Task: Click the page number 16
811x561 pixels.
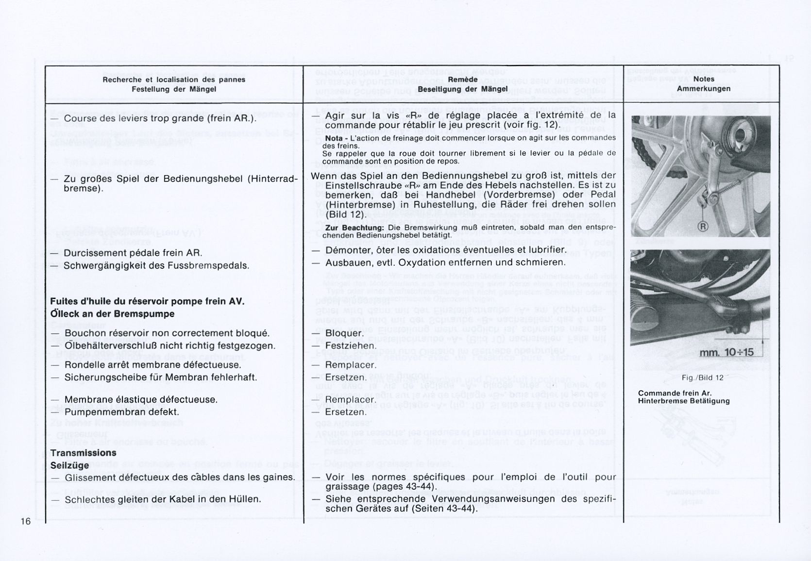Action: pos(26,521)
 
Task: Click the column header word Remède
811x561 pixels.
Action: pos(462,79)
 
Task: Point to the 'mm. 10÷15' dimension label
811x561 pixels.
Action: pos(726,352)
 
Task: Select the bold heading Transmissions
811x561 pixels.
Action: pos(83,453)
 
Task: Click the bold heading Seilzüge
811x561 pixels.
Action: pos(69,465)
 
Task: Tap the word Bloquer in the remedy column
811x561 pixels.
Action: pos(344,333)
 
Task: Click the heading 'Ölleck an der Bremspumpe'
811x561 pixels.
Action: pos(112,313)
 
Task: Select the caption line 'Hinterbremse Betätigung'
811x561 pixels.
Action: pos(684,401)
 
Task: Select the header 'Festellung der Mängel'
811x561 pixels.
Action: pos(174,89)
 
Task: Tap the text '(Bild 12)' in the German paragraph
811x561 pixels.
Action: pos(345,214)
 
